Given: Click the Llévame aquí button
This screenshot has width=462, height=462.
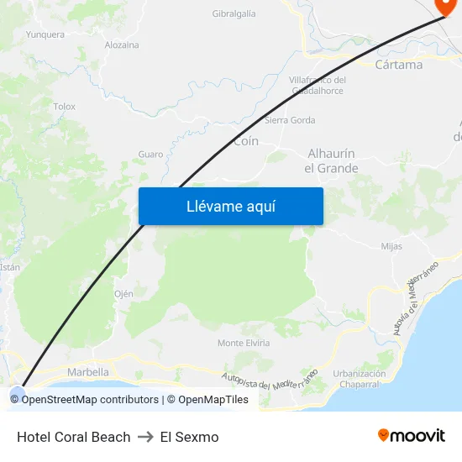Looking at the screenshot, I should (x=230, y=206).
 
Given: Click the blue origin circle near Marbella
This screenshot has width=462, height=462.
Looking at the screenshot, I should (x=17, y=392).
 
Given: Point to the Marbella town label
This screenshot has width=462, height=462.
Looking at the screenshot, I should (x=87, y=372).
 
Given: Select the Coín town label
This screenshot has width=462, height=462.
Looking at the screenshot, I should (x=246, y=141).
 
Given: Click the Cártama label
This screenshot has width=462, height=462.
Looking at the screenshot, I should (x=399, y=65).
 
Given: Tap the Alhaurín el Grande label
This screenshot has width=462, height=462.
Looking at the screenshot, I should (x=331, y=160).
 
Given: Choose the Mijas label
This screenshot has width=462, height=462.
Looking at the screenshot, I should (x=391, y=246).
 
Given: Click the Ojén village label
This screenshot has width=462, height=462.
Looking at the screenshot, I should (x=123, y=294).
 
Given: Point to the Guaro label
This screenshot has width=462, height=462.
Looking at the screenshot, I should (x=150, y=155).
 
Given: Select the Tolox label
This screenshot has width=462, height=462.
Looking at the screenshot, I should (x=65, y=107).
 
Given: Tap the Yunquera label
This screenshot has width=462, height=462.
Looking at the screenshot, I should (x=45, y=34).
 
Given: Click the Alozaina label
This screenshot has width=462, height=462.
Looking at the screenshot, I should (x=122, y=45).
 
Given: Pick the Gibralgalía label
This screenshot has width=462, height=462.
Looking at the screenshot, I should (x=234, y=13).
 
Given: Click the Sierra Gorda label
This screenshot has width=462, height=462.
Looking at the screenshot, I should (x=290, y=120).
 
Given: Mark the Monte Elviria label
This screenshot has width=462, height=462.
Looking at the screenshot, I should (x=244, y=343).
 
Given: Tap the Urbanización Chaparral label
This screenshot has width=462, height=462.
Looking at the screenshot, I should (x=360, y=379).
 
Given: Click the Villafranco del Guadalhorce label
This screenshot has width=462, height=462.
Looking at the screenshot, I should (x=317, y=85).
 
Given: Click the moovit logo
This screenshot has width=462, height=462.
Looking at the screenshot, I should (x=412, y=435).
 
